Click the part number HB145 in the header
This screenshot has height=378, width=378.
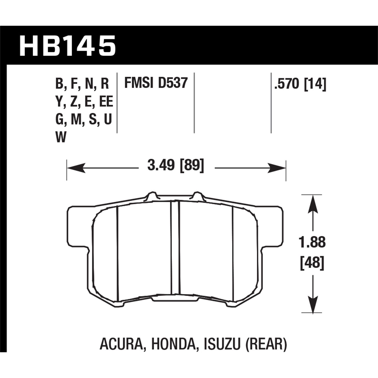click(x=68, y=46)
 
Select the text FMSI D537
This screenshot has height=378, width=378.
click(x=156, y=83)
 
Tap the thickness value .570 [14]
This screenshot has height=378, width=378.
click(x=300, y=84)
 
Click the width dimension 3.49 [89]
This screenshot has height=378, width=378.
click(x=176, y=166)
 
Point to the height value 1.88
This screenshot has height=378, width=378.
click(x=312, y=242)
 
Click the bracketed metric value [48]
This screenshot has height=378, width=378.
click(x=312, y=263)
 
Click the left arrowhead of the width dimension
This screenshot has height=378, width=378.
click(x=76, y=168)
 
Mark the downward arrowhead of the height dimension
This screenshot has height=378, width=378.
click(x=312, y=305)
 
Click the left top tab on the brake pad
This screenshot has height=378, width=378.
click(x=151, y=196)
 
